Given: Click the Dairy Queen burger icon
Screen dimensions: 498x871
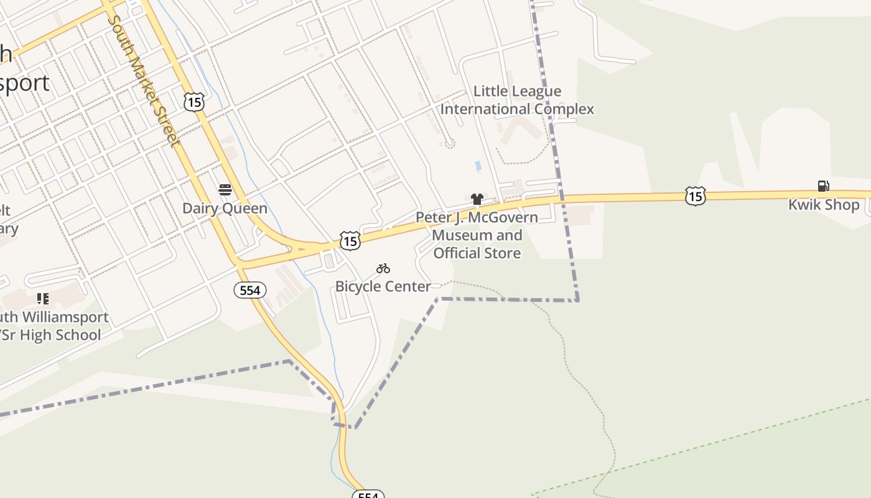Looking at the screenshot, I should tap(225, 190).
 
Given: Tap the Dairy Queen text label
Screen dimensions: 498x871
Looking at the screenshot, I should tap(225, 209).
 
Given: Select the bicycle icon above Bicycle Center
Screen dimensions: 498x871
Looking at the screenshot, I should tap(383, 268).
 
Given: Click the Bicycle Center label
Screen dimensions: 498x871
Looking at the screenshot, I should tap(383, 286).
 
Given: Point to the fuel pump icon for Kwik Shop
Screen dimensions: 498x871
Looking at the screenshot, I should tap(823, 186).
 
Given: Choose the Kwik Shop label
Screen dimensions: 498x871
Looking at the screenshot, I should tap(824, 205).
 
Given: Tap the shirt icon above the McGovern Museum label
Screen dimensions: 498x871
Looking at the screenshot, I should tap(477, 199).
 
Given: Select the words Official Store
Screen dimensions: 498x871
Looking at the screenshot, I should tap(477, 253).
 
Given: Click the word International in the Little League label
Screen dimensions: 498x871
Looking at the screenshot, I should tap(478, 109).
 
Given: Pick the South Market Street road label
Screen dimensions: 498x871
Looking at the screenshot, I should tap(144, 81).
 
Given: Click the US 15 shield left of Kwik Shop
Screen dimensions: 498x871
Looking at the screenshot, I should tap(695, 196).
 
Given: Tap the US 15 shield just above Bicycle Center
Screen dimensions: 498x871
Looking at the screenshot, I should tap(350, 240).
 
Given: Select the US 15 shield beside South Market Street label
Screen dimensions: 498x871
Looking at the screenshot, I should tap(194, 101).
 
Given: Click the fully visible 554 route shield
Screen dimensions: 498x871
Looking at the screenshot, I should tap(250, 290).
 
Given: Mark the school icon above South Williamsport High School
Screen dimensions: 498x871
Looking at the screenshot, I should tap(42, 299).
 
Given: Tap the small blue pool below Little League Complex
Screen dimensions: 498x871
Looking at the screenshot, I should tap(478, 166).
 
